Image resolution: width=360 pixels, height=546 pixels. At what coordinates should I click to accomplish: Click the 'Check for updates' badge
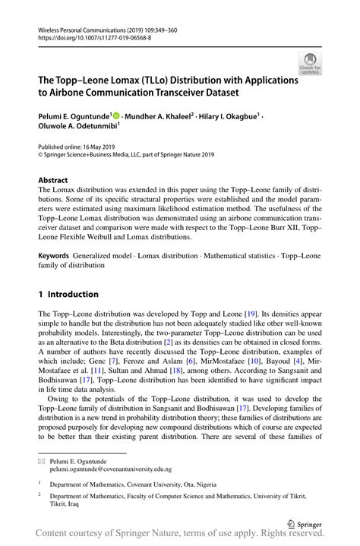[x=309, y=64]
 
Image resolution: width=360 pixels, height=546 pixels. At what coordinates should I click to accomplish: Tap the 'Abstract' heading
[x=53, y=181]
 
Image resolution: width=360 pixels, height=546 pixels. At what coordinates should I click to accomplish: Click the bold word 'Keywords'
[x=56, y=257]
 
